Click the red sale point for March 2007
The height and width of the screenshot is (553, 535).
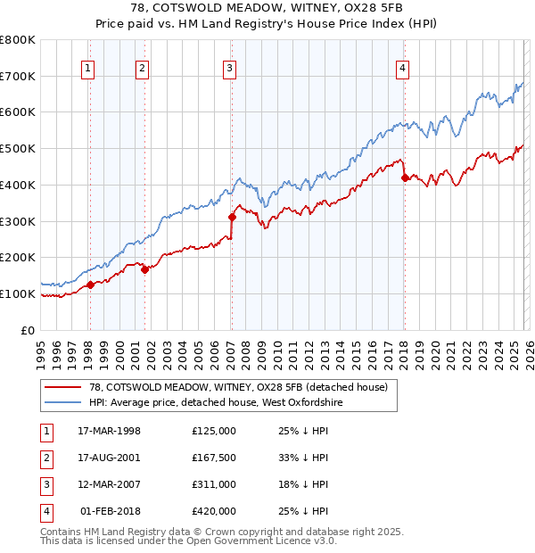pos(232,217)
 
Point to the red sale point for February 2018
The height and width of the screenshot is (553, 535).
pos(404,177)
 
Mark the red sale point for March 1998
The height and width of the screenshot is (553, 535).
pos(90,285)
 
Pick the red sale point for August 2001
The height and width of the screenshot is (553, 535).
pos(144,269)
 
